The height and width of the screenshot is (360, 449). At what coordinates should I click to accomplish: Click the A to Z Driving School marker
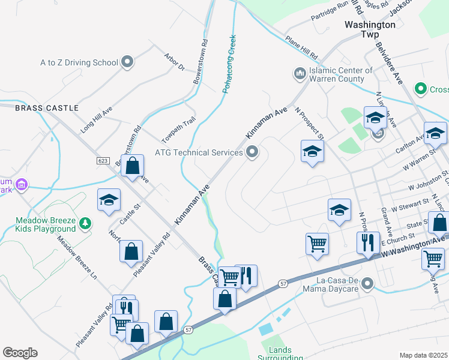tap(127, 62)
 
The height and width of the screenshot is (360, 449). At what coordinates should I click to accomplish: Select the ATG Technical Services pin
tap(252, 152)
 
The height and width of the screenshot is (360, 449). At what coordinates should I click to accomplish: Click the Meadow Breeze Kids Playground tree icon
tap(86, 223)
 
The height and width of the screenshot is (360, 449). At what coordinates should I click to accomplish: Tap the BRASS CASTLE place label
tap(47, 108)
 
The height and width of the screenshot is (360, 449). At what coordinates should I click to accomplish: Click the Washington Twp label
tap(370, 29)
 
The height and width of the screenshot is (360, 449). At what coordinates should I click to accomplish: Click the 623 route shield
tap(102, 161)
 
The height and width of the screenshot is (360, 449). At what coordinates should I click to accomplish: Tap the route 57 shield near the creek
tap(188, 329)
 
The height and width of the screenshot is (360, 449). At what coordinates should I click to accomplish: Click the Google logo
tap(20, 353)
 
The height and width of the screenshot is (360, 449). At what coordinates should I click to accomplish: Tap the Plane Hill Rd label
tap(301, 47)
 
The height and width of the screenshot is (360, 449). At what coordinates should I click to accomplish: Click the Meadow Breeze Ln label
tap(77, 257)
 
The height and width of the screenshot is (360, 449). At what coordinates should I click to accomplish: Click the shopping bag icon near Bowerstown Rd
tap(133, 166)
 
